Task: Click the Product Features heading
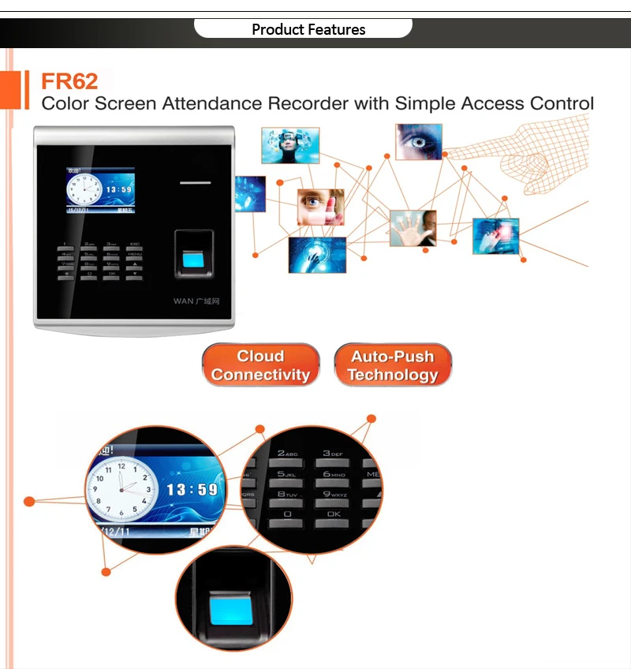308,30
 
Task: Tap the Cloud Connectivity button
260,365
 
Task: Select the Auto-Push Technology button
393,365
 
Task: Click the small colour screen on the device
100,190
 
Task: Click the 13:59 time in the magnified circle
192,490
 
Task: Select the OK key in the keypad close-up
334,517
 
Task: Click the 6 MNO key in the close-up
334,476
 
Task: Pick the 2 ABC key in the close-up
287,456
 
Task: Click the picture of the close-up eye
418,141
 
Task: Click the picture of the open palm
413,228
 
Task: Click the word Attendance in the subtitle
213,103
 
